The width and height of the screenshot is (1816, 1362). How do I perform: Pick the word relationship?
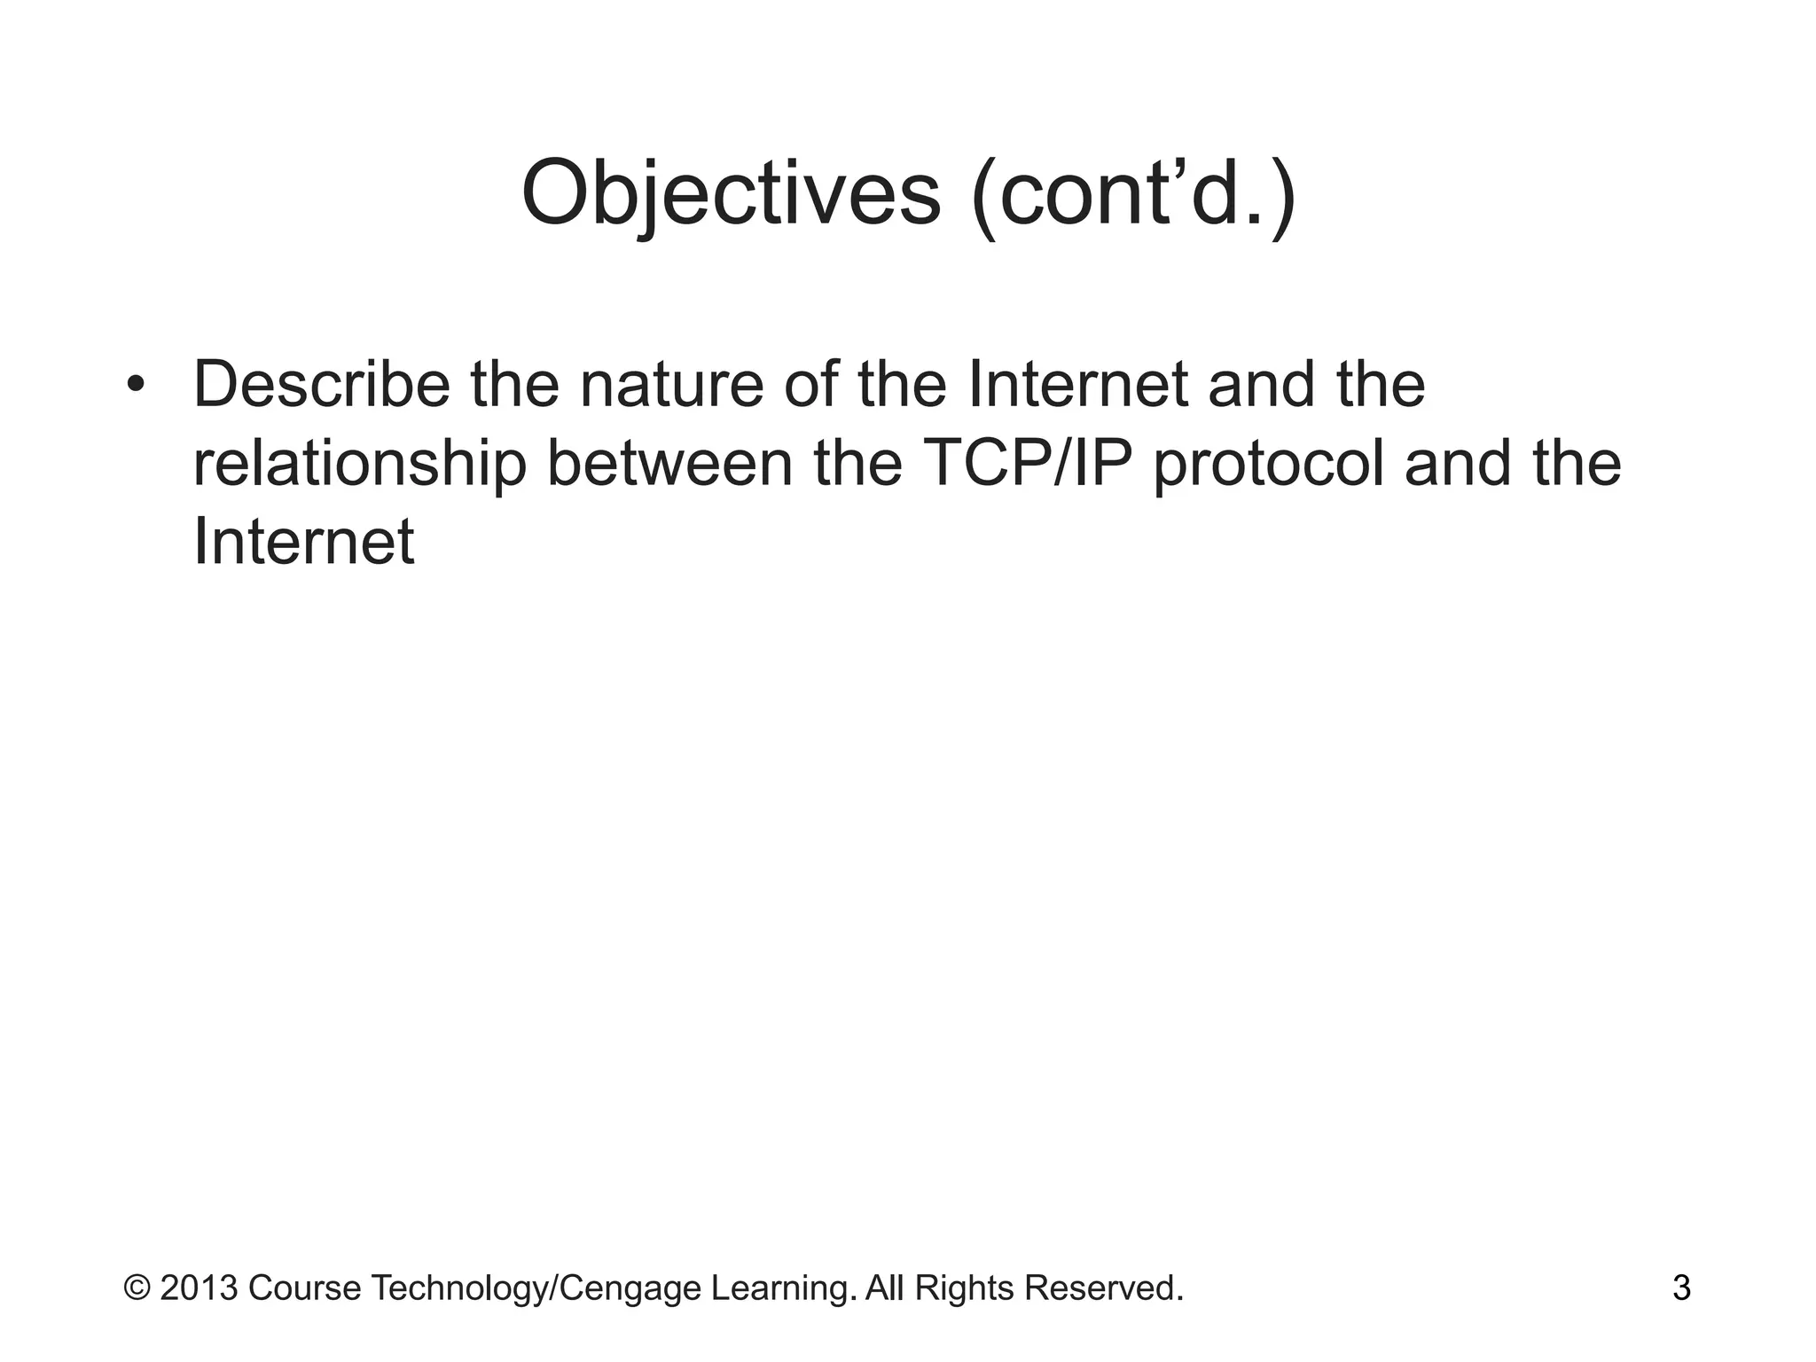tap(358, 465)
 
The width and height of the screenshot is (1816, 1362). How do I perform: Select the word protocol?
tap(1268, 465)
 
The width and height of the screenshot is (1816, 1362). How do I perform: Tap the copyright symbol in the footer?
tap(137, 1288)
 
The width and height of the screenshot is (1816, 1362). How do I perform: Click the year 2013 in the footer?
tap(200, 1288)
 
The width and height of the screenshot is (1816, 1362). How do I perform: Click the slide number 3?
tap(1681, 1288)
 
